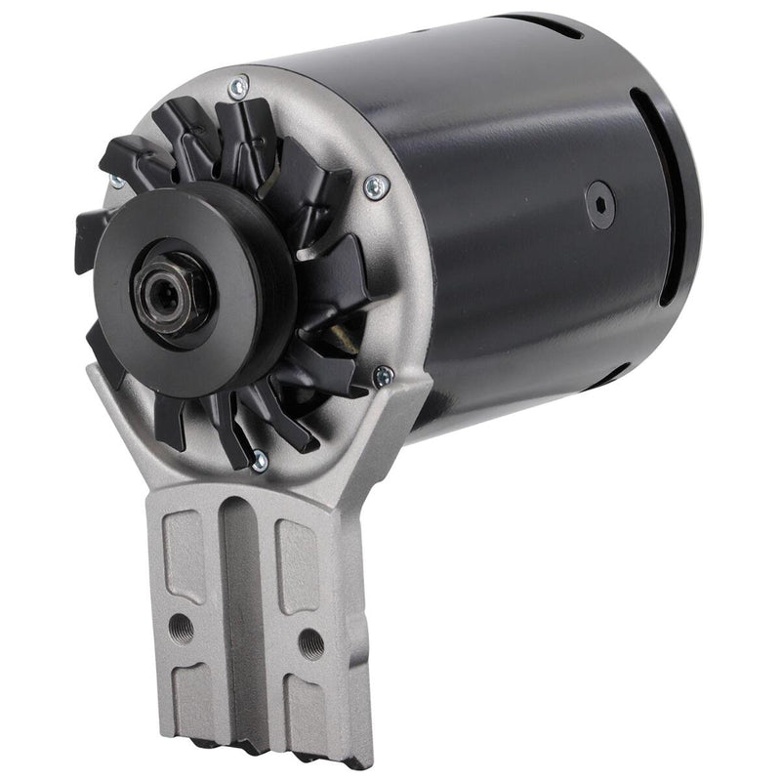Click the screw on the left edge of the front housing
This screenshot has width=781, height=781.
[x=116, y=183]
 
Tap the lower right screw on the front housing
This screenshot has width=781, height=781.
[x=384, y=374]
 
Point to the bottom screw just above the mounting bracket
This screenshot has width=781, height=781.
[x=259, y=460]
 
